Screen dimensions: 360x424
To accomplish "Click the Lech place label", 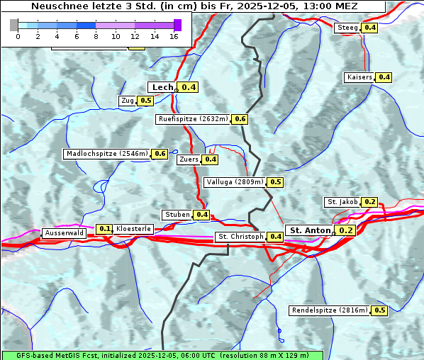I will (x=162, y=87).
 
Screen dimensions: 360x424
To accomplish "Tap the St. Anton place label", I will (x=310, y=230).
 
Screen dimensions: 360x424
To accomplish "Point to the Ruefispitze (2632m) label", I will (x=194, y=119).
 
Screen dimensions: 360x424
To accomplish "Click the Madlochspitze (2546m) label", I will (x=106, y=154).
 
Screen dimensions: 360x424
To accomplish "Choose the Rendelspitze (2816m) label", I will (x=330, y=310).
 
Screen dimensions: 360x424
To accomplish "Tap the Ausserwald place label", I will (x=64, y=233).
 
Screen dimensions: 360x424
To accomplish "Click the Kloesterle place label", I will (x=133, y=229).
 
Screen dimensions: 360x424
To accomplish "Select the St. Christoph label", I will (x=240, y=237).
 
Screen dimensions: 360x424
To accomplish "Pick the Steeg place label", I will (x=347, y=28).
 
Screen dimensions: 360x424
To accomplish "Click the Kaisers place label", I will (x=359, y=77).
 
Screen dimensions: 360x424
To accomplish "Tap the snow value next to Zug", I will (x=145, y=101).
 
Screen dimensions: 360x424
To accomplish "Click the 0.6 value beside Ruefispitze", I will (x=240, y=119).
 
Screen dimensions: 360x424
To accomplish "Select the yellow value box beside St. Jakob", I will (x=369, y=202).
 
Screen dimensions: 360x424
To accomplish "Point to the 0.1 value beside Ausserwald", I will (x=105, y=229).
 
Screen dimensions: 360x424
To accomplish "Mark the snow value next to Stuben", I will (x=202, y=215).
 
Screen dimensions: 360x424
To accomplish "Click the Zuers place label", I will (x=189, y=159).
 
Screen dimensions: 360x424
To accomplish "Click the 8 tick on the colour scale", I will (x=96, y=35).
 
